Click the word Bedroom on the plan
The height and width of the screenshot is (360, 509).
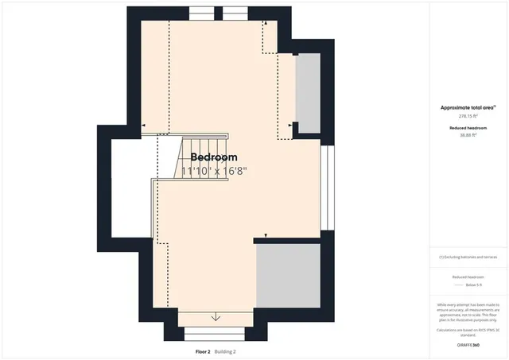point(213,157)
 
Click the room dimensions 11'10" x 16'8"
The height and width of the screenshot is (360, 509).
point(214,171)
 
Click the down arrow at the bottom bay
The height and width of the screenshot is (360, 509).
point(216,318)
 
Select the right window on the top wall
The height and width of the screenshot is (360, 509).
point(234,13)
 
